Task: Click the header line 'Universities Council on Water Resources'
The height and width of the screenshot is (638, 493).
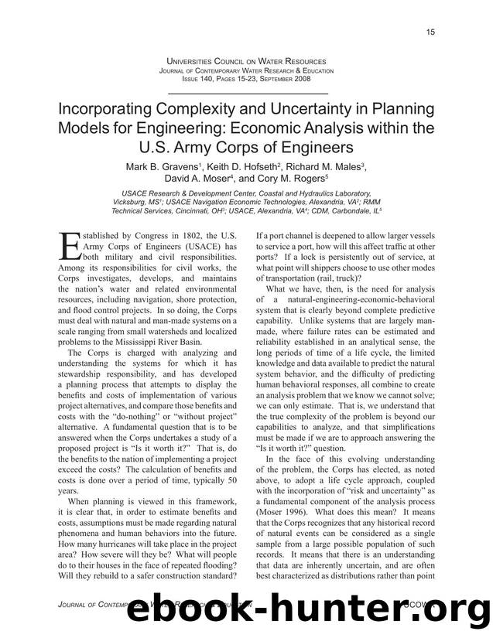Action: pyautogui.click(x=246, y=60)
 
